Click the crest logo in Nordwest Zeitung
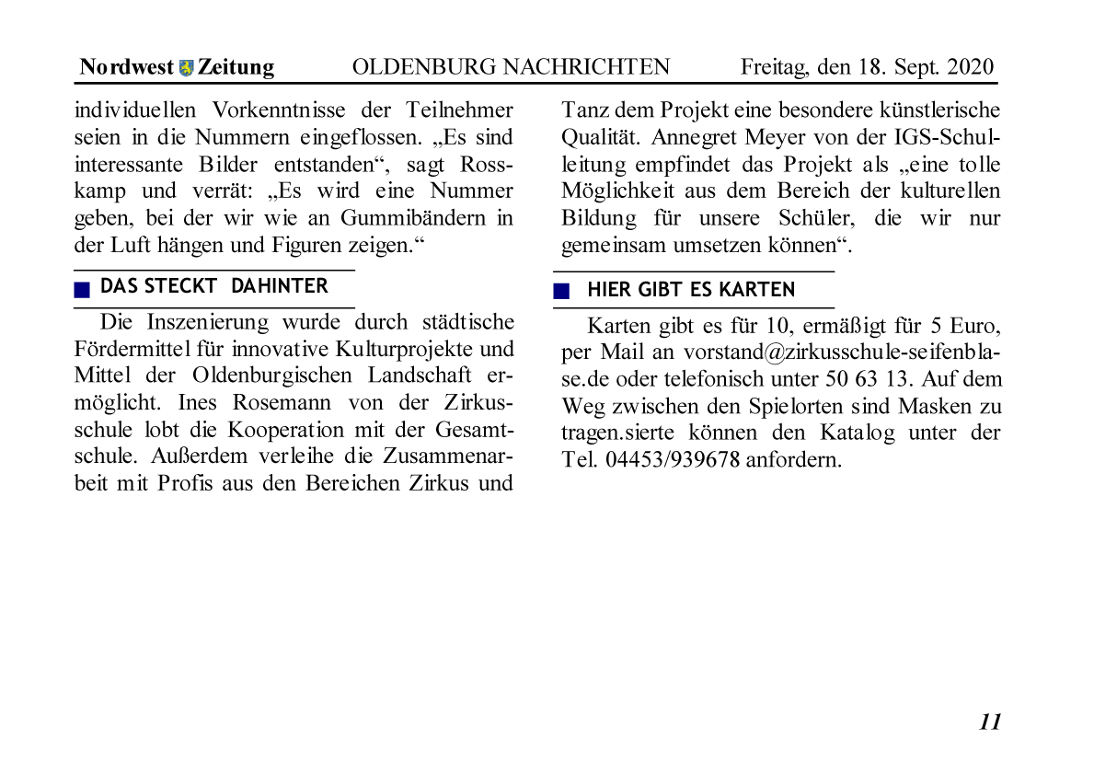click(x=187, y=68)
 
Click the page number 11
click(x=990, y=722)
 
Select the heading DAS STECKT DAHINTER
click(x=213, y=286)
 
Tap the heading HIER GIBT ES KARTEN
click(x=691, y=290)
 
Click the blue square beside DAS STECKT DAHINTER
click(x=83, y=289)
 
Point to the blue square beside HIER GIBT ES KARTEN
click(x=561, y=292)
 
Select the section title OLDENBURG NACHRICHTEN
click(x=511, y=67)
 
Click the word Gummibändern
click(x=411, y=219)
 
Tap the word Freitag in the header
click(x=774, y=67)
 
